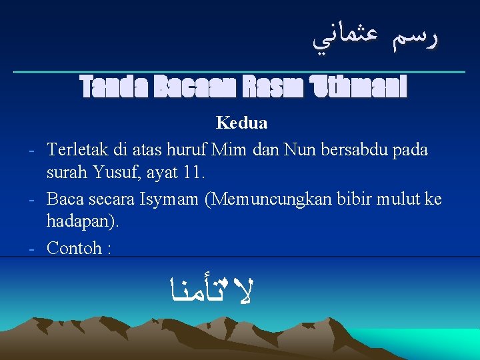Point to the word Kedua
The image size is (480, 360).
coord(241,123)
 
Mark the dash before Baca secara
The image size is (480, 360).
coord(32,199)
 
